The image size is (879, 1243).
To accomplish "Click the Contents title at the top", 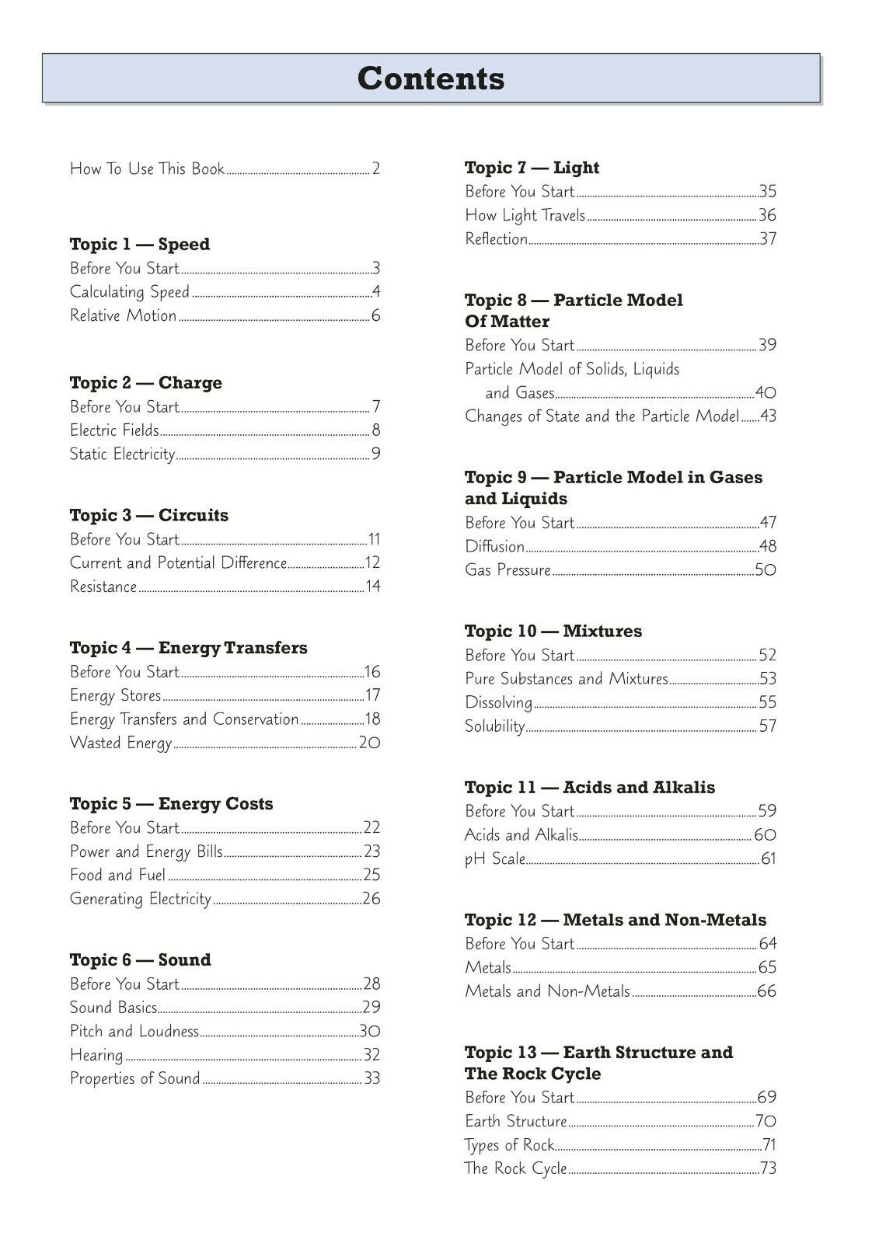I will click(431, 78).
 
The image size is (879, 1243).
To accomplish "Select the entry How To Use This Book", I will click(147, 169).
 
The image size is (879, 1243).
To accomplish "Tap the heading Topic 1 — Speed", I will click(140, 245).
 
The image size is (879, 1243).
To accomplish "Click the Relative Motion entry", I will click(123, 315).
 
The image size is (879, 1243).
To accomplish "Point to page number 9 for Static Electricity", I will click(376, 454).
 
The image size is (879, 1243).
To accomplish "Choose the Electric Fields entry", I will click(114, 430).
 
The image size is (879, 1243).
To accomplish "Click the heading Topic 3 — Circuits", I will click(149, 516).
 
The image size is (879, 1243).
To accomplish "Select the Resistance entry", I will click(103, 587).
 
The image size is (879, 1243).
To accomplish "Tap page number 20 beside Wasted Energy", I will click(369, 743).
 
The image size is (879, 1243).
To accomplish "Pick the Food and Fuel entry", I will click(117, 876).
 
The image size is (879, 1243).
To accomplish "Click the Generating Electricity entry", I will click(141, 899).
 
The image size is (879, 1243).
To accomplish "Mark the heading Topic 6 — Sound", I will click(140, 960).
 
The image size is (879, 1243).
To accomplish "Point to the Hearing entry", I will click(96, 1055).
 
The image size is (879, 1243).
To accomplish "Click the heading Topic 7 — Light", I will click(532, 168).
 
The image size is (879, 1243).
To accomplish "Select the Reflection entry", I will click(496, 239).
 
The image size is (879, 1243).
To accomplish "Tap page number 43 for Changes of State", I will click(768, 416).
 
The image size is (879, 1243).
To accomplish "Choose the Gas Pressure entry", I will click(508, 570).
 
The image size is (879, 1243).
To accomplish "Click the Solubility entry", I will click(495, 726).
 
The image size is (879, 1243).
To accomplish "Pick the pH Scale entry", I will click(495, 859).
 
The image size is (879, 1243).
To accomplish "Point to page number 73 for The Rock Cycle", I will click(768, 1168).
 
